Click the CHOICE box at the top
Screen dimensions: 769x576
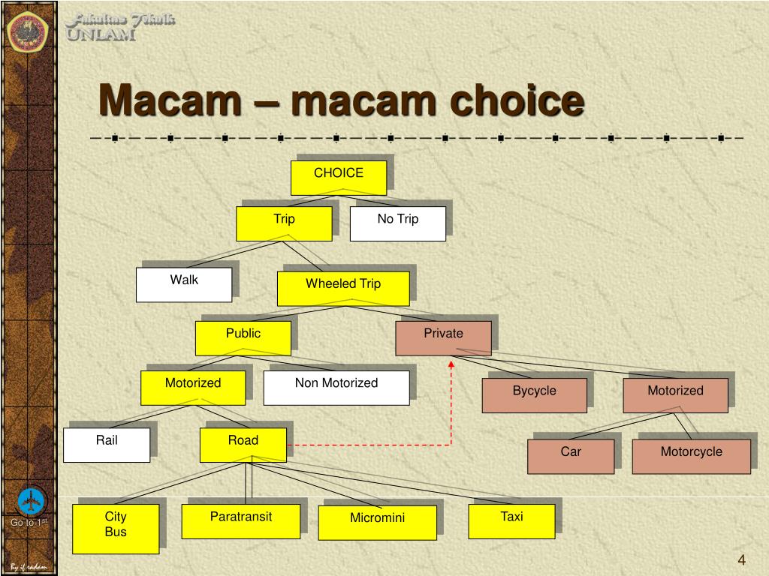[339, 178]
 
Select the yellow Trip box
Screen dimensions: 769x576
[284, 223]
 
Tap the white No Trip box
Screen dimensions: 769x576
[398, 223]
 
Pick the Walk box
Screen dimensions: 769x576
[184, 284]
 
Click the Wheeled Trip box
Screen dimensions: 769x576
[343, 289]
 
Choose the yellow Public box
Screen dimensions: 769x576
[243, 337]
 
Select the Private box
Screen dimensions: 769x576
[443, 337]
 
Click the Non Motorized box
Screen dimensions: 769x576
[336, 387]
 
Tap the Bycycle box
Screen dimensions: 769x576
[534, 395]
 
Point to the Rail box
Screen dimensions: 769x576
[107, 445]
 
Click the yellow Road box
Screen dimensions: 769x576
[243, 445]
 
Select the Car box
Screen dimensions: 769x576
[571, 456]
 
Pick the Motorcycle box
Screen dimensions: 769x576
[691, 456]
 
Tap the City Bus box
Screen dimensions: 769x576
[116, 528]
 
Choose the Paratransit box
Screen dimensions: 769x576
[241, 520]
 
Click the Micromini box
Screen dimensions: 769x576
[377, 522]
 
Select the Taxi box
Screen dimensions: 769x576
[511, 520]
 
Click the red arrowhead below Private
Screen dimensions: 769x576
[451, 364]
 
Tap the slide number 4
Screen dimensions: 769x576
[741, 560]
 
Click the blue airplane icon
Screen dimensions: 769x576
[31, 499]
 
